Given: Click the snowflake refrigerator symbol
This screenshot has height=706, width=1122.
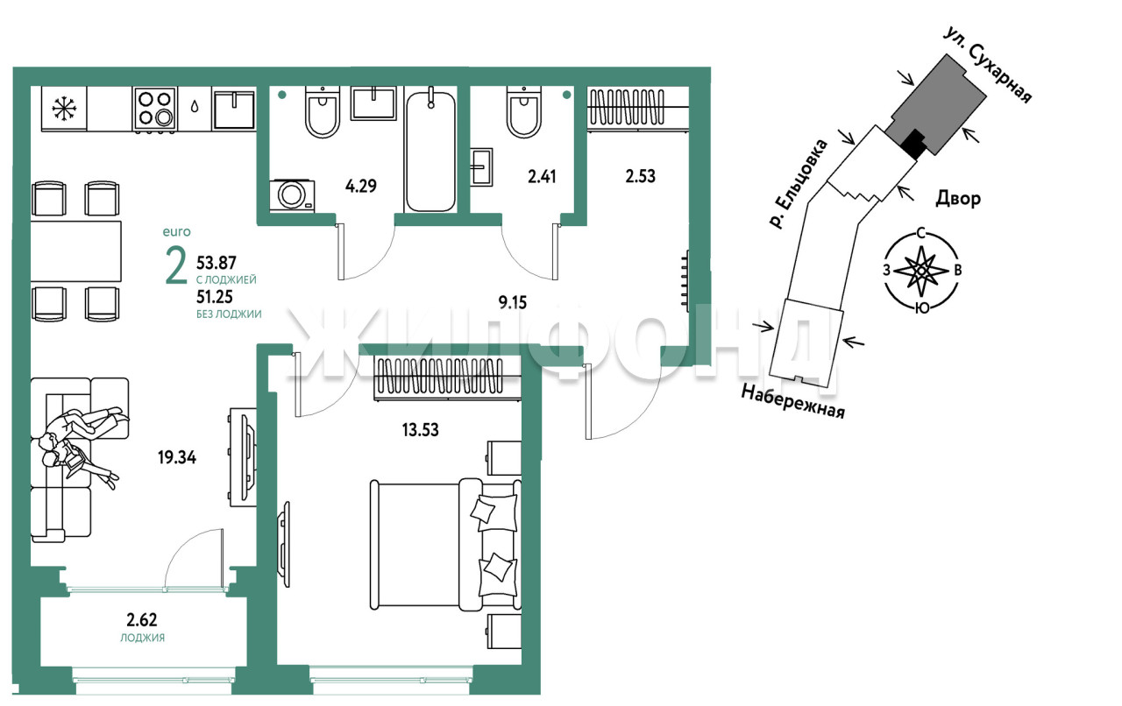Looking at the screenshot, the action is coord(65,108).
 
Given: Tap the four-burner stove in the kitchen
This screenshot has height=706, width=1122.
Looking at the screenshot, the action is coord(155,109).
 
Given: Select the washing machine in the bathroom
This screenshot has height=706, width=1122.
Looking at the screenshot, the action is coord(292,195).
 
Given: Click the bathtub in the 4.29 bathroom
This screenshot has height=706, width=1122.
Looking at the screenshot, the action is coord(430,149).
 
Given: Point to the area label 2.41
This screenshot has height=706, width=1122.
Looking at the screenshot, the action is coord(542,177).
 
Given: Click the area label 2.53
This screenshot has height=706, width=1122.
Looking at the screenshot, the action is coord(640,176).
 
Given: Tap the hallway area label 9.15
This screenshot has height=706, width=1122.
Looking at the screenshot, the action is coord(513,302).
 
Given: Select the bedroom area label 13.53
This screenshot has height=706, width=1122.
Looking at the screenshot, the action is coord(420,429).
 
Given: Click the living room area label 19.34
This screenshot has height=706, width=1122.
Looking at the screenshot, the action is coord(177,457).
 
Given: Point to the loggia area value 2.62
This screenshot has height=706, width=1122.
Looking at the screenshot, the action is coord(142,620).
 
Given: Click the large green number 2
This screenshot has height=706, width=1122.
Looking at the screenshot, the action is coord(176,265).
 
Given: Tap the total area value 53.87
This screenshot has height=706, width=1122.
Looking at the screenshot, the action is coord(217,263).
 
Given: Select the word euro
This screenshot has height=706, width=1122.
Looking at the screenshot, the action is coord(177,232).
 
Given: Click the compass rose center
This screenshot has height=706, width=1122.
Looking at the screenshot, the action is coord(920,271).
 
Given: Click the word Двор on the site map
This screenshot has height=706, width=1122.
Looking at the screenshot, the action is coord(958,199).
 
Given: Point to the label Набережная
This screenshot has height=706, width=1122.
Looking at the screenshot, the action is coord(792,401).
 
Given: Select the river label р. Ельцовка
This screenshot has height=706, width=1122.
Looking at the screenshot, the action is coord(799,184).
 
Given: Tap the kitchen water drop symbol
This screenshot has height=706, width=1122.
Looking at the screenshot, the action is coord(195,106).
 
